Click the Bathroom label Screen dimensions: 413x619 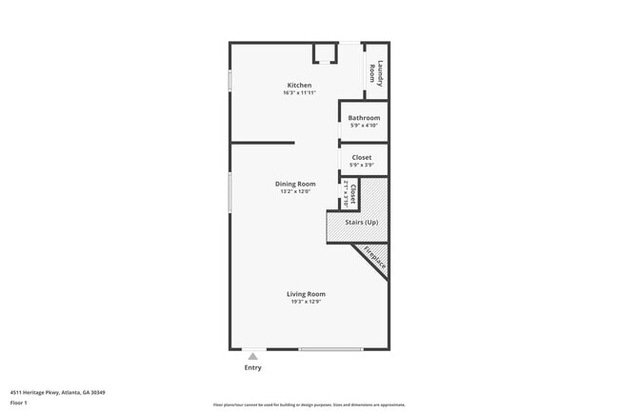(x=363, y=118)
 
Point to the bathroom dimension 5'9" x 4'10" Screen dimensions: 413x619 (x=363, y=126)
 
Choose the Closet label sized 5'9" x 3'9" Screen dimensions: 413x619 (x=362, y=157)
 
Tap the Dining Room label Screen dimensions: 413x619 (x=295, y=184)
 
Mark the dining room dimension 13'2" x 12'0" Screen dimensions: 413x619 (x=295, y=191)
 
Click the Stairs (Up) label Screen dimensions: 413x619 (x=362, y=222)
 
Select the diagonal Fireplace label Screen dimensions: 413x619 (x=374, y=261)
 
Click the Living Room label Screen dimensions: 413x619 (x=306, y=294)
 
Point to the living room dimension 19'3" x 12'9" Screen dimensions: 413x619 (x=306, y=302)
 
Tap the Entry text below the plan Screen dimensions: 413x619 (x=252, y=367)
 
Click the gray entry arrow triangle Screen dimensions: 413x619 (x=252, y=356)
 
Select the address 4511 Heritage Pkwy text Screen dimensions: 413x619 (x=57, y=392)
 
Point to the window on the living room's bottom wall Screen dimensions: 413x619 (x=330, y=349)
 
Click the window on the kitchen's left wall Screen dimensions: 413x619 (x=230, y=80)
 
